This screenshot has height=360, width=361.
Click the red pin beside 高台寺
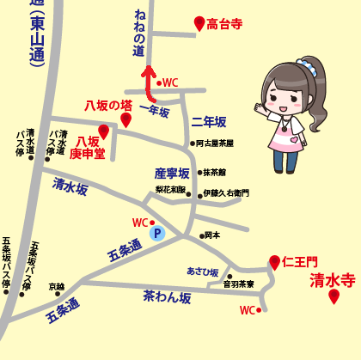199,23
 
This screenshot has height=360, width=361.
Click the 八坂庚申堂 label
90,147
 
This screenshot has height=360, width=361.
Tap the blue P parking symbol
156,232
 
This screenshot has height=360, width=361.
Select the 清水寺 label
333,279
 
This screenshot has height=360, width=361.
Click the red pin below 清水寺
333,296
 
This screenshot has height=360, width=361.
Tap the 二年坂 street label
208,122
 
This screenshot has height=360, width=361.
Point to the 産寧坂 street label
172,173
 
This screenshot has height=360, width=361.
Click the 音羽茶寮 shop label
238,284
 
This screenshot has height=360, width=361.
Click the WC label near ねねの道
169,82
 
